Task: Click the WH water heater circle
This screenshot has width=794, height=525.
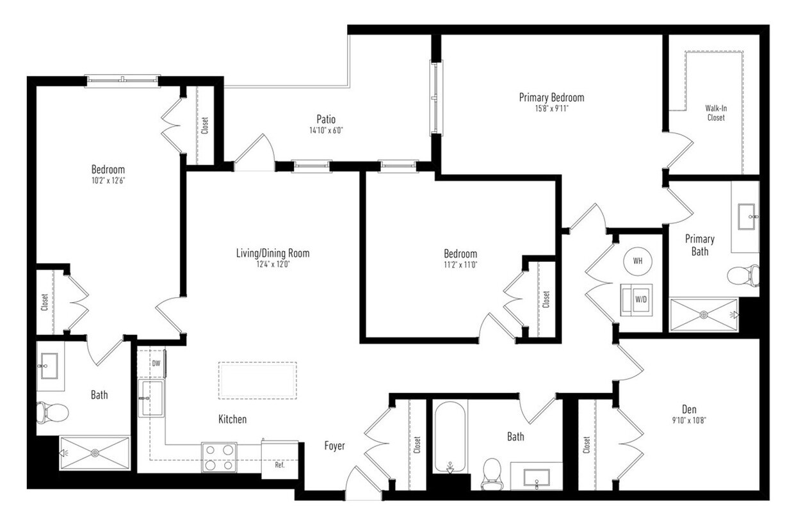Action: [638, 261]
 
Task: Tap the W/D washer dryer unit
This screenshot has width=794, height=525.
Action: [638, 299]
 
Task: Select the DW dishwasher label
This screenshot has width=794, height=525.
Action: [156, 364]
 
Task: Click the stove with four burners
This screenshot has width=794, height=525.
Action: [219, 457]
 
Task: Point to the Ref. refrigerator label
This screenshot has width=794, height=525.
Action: [280, 465]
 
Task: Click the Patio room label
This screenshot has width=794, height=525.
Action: [326, 119]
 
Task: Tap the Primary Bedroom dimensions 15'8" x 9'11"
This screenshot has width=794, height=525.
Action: [551, 109]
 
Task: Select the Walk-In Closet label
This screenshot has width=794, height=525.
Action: [716, 113]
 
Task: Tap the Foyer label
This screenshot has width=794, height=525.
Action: [334, 446]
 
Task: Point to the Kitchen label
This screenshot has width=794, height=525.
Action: [232, 419]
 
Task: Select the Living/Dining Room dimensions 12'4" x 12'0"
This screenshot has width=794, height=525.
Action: [272, 264]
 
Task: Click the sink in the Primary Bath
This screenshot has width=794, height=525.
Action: [747, 214]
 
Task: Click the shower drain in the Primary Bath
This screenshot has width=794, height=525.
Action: [704, 314]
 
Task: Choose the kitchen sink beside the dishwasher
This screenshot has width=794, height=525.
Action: [150, 398]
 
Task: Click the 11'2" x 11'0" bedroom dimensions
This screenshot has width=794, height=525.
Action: [460, 264]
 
